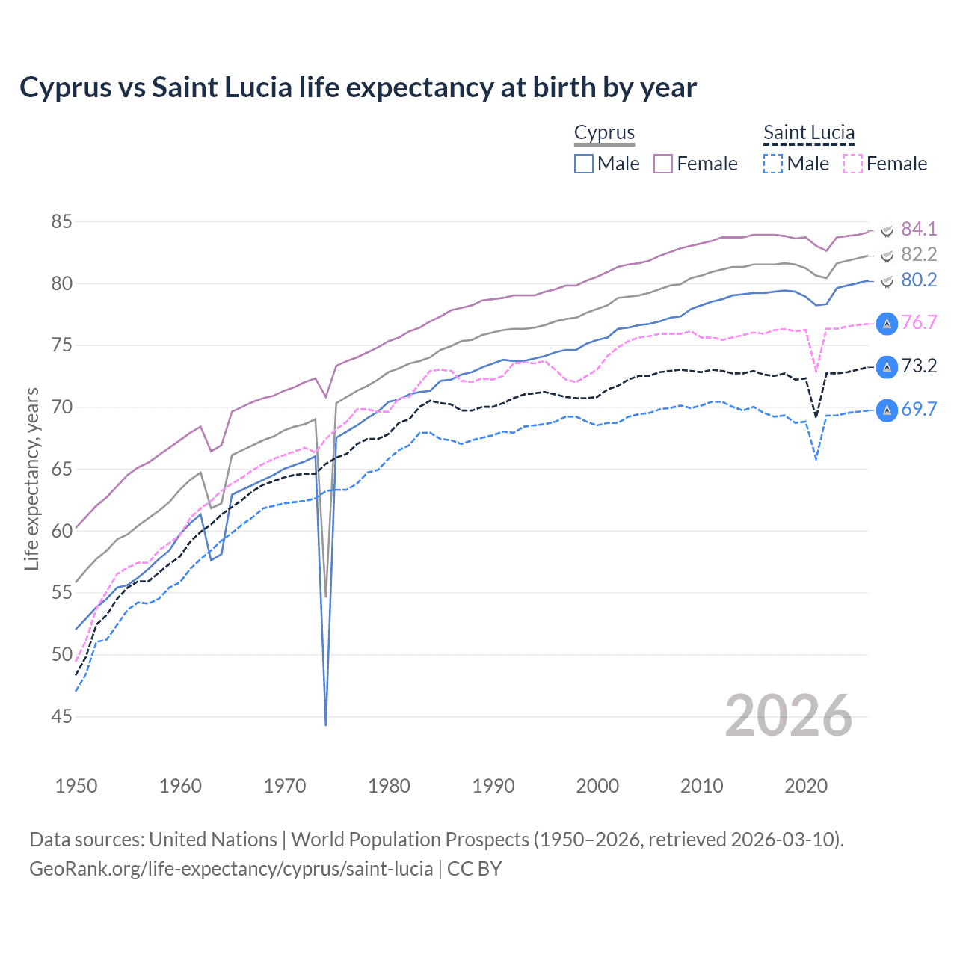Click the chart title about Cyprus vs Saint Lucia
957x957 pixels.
358,87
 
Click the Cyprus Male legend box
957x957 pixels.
584,164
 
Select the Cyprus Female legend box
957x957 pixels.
663,164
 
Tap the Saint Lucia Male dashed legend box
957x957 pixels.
773,164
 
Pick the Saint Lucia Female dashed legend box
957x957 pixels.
853,164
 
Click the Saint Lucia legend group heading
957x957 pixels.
809,132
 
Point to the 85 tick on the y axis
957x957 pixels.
61,222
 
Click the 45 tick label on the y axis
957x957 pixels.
61,717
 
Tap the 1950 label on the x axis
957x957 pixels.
76,786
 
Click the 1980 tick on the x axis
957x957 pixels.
389,786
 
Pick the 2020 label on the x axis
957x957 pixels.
806,786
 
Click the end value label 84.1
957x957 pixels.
919,229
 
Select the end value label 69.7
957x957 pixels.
919,410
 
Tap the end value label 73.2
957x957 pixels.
919,366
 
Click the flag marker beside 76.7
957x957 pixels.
887,324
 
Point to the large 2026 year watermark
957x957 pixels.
789,716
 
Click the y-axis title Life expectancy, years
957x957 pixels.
31,478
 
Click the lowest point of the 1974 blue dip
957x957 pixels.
326,724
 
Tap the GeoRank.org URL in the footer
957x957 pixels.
231,869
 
